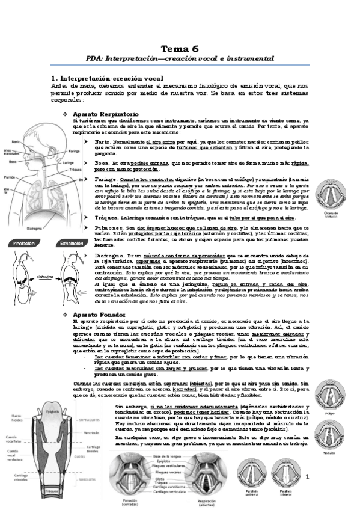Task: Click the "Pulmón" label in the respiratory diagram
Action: (9, 177)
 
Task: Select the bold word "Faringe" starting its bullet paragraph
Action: (106, 180)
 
